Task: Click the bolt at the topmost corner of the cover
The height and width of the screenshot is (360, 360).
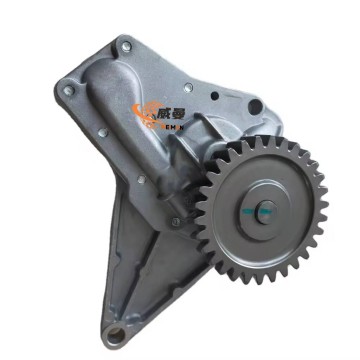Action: point(124,45)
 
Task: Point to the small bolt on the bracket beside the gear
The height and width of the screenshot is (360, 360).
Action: point(177,220)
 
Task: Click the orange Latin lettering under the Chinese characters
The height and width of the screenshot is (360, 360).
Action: point(165,127)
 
